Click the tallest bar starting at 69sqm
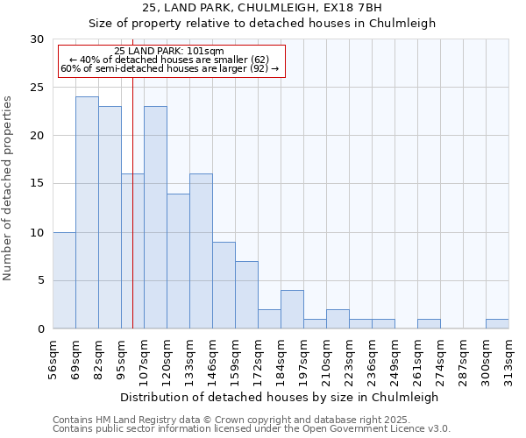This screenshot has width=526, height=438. coord(87,213)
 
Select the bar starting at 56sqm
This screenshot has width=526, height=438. coord(64,280)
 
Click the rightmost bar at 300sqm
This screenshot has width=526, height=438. coord(497,323)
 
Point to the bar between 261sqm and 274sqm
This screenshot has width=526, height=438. coord(429,323)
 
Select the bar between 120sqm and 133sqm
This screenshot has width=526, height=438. coord(178,261)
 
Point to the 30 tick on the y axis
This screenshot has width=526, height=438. coord(37,39)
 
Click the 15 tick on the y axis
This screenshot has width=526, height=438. coord(37,184)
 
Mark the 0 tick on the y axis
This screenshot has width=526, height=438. coord(40,328)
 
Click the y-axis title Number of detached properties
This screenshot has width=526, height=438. coord(9,188)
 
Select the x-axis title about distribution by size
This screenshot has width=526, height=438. coord(279,397)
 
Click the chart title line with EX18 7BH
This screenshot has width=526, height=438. coord(262,8)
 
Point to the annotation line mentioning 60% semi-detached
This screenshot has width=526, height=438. coord(169,68)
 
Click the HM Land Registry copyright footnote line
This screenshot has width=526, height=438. coord(225,420)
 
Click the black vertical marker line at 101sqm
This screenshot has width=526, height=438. coord(132,219)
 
